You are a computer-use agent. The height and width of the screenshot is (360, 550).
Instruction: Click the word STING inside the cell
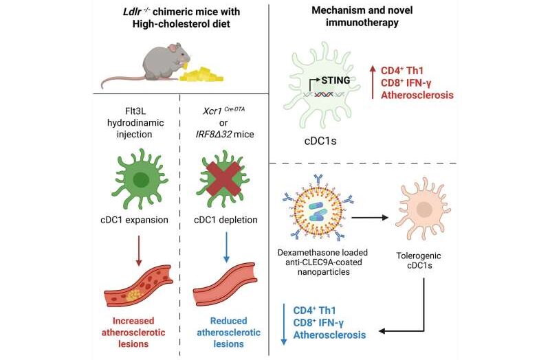coord(335,80)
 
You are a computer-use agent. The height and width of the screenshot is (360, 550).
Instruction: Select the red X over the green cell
coord(223,179)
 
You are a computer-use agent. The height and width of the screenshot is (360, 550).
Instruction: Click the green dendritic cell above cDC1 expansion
coord(140,179)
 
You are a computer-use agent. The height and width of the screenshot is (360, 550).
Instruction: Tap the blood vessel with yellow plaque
coord(139,286)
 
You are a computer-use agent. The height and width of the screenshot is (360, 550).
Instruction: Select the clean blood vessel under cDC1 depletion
coord(225,284)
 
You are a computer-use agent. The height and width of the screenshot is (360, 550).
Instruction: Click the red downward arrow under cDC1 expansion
coord(139,251)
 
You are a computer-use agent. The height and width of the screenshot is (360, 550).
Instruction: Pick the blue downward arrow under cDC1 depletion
coord(226,247)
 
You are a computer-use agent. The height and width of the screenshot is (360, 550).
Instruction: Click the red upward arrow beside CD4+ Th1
coord(373,82)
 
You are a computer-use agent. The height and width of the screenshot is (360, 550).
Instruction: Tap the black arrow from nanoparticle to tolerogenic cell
coord(370,218)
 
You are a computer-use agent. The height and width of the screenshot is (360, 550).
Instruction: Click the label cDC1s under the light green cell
coord(320,141)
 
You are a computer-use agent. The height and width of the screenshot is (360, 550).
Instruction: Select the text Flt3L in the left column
coord(135,111)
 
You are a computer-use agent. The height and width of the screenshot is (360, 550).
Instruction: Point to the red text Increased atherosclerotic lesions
coord(133,333)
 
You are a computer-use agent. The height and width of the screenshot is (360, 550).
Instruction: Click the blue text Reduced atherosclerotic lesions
coord(229,333)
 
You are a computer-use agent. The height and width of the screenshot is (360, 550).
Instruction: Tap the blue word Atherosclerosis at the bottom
coord(330,335)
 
